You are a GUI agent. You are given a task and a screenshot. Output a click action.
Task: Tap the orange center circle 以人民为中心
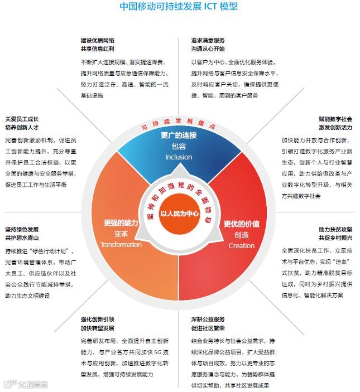pos(179,213)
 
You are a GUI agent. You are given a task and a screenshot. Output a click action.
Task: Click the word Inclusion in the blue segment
pos(179,157)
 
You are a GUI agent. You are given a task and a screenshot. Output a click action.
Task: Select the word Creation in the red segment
pos(241,245)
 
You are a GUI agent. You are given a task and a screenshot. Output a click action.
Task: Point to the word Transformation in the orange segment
pos(121,244)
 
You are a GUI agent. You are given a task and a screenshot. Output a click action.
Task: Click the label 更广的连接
pos(179,135)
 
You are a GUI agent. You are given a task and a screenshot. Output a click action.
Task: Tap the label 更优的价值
pos(241,224)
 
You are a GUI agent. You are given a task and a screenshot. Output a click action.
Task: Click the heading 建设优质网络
pos(98,41)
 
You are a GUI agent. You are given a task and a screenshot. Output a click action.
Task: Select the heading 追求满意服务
pos(208,41)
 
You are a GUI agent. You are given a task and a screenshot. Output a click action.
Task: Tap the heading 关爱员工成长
pos(22,119)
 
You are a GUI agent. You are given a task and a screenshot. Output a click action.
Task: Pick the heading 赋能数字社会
pos(335,119)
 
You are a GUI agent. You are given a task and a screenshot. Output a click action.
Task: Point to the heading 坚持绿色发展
pos(22,229)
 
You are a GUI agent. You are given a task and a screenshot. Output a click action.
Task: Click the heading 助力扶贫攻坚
pos(335,229)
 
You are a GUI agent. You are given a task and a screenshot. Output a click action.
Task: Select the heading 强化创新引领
pos(98,320)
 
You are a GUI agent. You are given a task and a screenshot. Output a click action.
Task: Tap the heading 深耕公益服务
pos(208,320)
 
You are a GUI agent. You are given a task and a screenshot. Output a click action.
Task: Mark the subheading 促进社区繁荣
pos(208,328)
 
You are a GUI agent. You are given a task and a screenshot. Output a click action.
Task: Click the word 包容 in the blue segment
pos(179,146)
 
